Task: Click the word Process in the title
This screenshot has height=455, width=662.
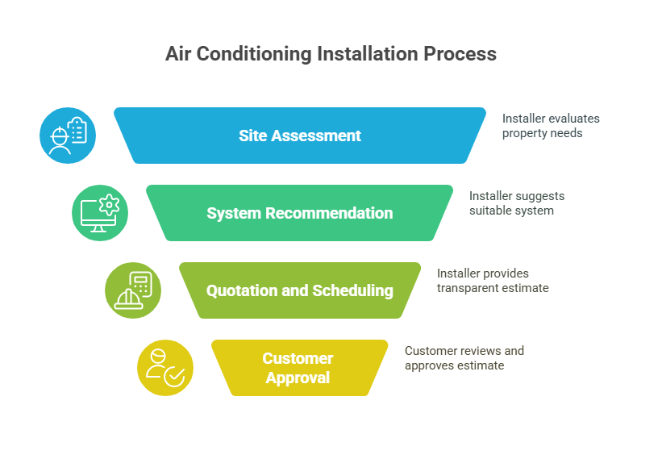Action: click(x=460, y=54)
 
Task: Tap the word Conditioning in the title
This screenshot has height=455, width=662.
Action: click(x=254, y=55)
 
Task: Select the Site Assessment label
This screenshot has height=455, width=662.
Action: click(x=300, y=136)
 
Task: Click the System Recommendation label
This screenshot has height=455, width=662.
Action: click(x=300, y=213)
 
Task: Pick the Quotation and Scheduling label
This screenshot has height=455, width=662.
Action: click(x=300, y=290)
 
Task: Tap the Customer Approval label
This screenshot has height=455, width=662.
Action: click(x=298, y=368)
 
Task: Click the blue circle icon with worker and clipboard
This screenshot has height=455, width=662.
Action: click(x=68, y=136)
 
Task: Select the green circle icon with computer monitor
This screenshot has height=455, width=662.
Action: click(x=100, y=213)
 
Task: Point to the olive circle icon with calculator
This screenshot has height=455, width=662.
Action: click(x=133, y=290)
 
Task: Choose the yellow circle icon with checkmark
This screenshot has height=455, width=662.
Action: click(x=165, y=368)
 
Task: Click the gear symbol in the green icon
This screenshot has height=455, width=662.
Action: click(x=110, y=205)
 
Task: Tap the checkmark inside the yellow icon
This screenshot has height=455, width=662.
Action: click(x=174, y=376)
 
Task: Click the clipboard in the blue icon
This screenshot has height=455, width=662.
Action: click(x=77, y=130)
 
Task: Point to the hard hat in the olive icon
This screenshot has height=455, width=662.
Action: click(x=128, y=299)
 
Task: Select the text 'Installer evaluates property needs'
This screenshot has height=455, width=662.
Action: click(x=551, y=126)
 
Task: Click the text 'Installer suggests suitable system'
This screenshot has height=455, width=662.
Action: click(x=517, y=203)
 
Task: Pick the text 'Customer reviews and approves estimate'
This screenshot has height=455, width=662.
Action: click(x=464, y=358)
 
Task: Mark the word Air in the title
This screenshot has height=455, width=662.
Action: click(x=178, y=54)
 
